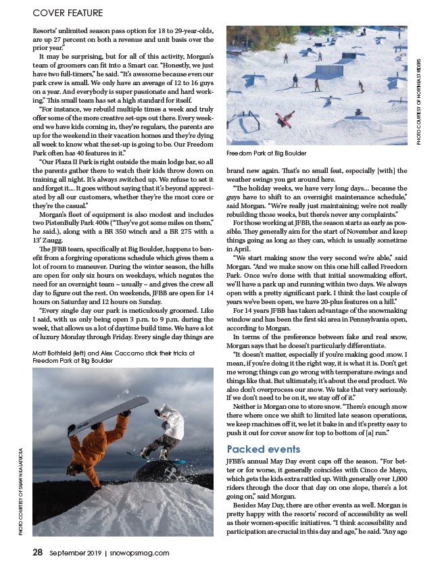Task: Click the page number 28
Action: pyautogui.click(x=39, y=551)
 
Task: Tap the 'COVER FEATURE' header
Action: pyautogui.click(x=66, y=11)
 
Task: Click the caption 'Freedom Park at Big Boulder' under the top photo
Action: pyautogui.click(x=266, y=153)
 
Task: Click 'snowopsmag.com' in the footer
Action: pyautogui.click(x=140, y=552)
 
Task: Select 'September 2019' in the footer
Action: pyautogui.click(x=75, y=552)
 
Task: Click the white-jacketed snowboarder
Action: pyautogui.click(x=168, y=426)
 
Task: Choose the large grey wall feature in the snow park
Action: pyautogui.click(x=328, y=70)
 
